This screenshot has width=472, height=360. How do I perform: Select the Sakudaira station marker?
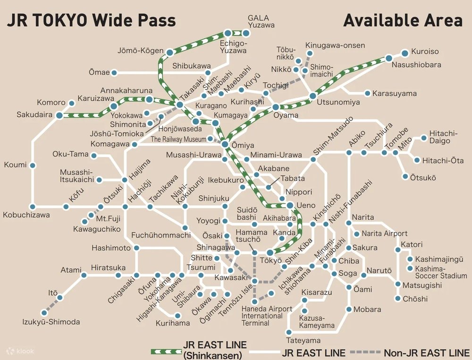point(59,115)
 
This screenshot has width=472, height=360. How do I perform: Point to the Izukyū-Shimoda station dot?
point(44,312)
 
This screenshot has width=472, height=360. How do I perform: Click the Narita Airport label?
point(384,233)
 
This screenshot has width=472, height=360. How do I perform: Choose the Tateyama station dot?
point(289,331)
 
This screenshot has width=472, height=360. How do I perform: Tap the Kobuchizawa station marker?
point(33,206)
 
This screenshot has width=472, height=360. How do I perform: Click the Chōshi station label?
point(415,299)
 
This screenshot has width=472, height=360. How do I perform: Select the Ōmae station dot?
point(115,73)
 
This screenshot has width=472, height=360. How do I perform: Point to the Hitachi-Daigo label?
point(443,138)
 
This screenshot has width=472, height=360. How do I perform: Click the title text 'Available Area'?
point(403,20)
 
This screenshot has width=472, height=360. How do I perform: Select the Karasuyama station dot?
point(367,94)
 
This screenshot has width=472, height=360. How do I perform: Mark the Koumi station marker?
point(33,165)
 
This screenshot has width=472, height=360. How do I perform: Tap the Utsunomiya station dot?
point(312,96)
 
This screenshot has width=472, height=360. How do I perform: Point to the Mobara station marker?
point(349,309)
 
